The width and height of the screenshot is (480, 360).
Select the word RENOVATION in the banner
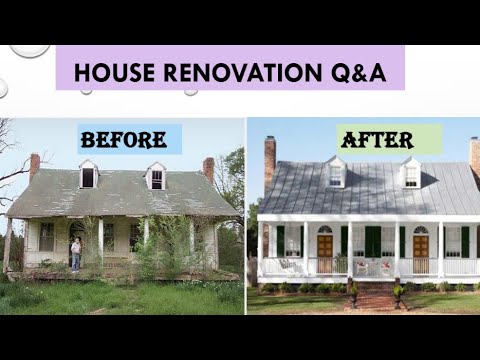[232, 73]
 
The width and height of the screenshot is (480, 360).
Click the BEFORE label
[131, 139]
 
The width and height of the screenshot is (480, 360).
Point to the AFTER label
[389, 138]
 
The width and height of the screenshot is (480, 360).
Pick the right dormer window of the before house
[156, 177]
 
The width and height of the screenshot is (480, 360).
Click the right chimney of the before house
[208, 167]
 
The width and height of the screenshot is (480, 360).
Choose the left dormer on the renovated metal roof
[337, 173]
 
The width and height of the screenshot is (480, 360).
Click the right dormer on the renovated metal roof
[411, 173]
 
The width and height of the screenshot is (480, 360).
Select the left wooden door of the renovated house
[324, 249]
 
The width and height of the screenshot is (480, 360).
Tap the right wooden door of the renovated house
[421, 249]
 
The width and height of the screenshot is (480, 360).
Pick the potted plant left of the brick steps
[353, 293]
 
